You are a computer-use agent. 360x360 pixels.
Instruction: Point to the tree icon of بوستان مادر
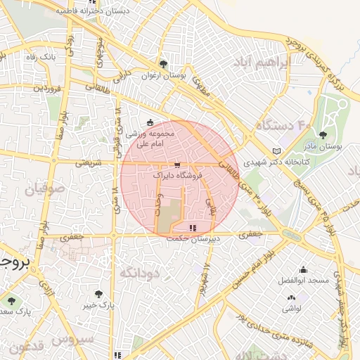(x=323, y=135)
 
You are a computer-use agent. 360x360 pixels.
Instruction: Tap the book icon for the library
(x=276, y=150)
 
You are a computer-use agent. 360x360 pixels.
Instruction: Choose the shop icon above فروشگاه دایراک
(x=176, y=165)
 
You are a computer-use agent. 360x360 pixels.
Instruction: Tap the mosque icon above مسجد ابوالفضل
(x=303, y=269)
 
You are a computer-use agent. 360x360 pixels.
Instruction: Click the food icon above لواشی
(x=290, y=297)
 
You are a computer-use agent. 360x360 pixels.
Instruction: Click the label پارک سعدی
(x=15, y=310)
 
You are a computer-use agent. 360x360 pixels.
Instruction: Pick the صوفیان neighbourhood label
(x=45, y=189)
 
